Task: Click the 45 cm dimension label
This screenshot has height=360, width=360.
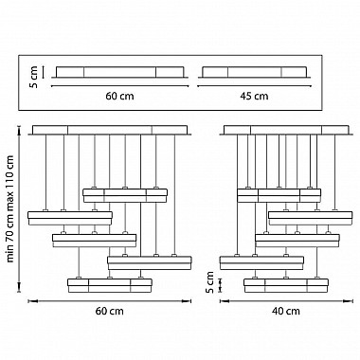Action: pyautogui.click(x=255, y=96)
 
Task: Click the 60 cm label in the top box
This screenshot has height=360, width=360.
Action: pyautogui.click(x=119, y=96)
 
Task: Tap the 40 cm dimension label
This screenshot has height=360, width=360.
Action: pyautogui.click(x=286, y=311)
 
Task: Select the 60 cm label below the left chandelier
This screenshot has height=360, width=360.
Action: pyautogui.click(x=110, y=311)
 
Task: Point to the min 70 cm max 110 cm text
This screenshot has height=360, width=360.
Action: pyautogui.click(x=10, y=208)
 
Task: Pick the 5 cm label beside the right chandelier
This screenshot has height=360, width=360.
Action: pyautogui.click(x=209, y=282)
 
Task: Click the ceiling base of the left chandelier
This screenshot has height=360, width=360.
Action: pyautogui.click(x=110, y=131)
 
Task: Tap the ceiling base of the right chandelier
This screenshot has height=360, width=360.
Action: pyautogui.click(x=287, y=131)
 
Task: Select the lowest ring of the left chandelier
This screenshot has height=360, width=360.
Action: pyautogui.click(x=110, y=285)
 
